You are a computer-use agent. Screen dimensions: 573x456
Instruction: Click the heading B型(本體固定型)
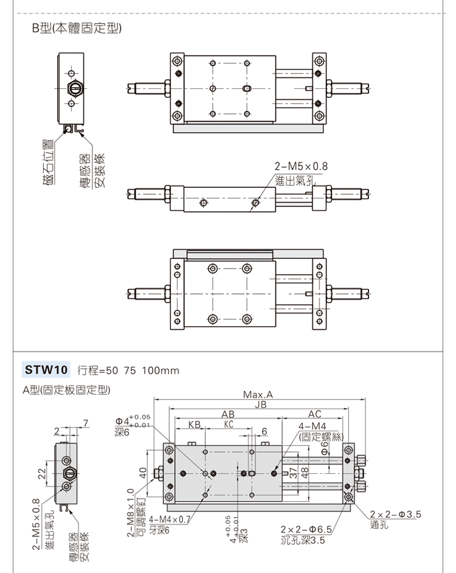[x=77, y=28]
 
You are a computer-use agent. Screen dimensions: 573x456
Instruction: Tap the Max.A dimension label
[x=258, y=395]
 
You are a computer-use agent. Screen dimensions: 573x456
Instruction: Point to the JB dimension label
[x=260, y=404]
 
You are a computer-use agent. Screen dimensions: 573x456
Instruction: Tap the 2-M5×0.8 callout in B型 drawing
[x=301, y=165]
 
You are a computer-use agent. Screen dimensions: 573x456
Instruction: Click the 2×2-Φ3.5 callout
[x=395, y=515]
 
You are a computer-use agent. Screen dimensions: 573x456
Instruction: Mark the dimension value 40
[x=143, y=473]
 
